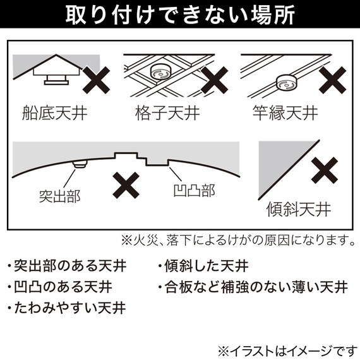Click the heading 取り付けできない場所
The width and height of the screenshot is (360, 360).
coord(180,15)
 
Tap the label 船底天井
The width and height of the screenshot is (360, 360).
coord(54,115)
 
